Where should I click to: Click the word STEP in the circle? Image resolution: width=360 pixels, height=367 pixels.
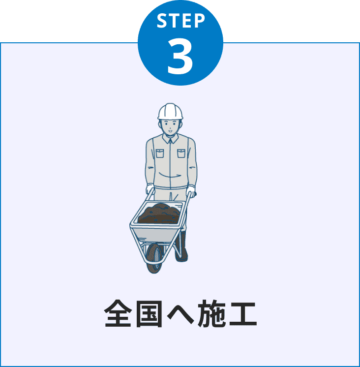pos(180,21)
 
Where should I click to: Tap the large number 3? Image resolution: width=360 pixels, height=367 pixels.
pos(180,56)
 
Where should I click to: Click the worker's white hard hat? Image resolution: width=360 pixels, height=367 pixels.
pos(170,111)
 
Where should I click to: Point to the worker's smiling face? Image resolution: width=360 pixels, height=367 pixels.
pos(170,127)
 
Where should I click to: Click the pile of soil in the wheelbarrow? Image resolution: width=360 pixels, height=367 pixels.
pos(159,214)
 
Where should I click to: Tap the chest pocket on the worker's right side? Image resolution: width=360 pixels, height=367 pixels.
pos(160,153)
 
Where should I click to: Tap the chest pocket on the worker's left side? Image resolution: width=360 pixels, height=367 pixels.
pos(181,153)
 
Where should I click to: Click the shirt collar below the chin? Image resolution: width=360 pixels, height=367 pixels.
pos(170,139)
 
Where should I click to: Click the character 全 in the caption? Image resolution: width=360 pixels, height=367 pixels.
pos(118,313)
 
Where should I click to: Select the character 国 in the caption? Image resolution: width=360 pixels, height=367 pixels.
pos(149,314)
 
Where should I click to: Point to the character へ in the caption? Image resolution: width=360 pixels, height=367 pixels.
pos(180,314)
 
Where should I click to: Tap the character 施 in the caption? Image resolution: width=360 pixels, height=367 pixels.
pos(211,313)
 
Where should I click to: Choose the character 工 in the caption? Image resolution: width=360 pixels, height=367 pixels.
pos(243,314)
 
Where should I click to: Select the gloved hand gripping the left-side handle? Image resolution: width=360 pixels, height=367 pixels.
pos(150,189)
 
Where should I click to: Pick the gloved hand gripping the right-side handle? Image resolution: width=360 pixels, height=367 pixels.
pos(191,191)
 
